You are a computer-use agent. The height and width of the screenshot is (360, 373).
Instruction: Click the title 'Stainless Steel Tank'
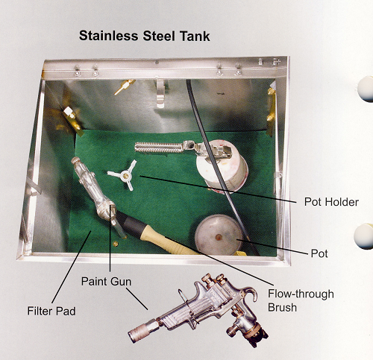tap(145, 37)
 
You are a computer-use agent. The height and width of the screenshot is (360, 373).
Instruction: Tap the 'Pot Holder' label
tap(331, 202)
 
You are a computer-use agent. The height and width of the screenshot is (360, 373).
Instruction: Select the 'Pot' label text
tap(319, 253)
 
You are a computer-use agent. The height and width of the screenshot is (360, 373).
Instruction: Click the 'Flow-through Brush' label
tap(301, 300)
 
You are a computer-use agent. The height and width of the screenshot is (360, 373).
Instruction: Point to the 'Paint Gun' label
tap(106, 282)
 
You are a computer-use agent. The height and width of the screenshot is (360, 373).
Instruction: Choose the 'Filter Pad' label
tap(51, 311)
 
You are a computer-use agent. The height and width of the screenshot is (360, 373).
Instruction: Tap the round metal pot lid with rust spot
tap(219, 235)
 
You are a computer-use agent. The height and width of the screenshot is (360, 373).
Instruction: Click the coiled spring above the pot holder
tap(159, 148)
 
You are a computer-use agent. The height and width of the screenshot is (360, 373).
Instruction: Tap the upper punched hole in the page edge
tap(366, 89)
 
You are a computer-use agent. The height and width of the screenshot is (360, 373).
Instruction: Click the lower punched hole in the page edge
tap(363, 236)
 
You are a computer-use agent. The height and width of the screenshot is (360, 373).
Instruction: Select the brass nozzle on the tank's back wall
tap(125, 87)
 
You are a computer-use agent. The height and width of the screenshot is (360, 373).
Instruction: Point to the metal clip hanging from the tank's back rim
tap(160, 93)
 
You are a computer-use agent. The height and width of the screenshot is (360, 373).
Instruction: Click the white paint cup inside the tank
tap(222, 165)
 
